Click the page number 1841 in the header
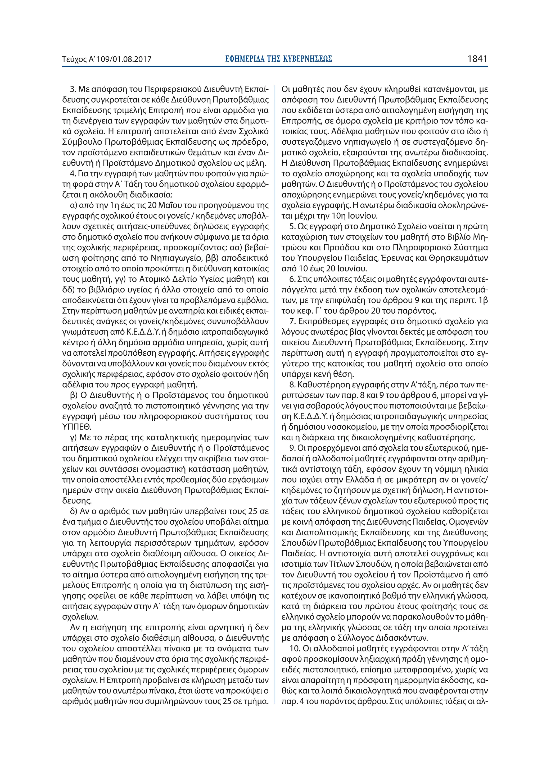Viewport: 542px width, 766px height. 477,59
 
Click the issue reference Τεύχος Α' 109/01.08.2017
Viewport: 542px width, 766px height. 107,59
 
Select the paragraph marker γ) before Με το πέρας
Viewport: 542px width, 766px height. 73,437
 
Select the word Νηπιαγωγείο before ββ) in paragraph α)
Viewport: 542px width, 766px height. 177,258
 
